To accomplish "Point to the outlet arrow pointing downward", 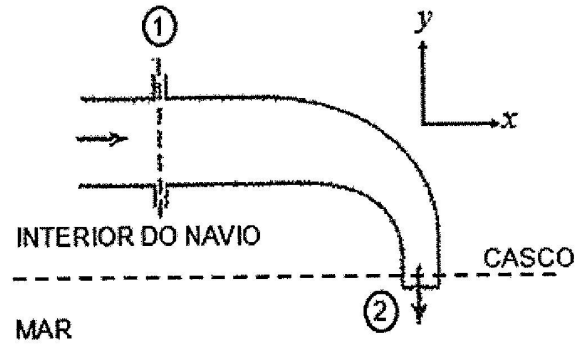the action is (418, 304).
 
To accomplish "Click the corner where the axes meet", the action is (425, 124).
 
